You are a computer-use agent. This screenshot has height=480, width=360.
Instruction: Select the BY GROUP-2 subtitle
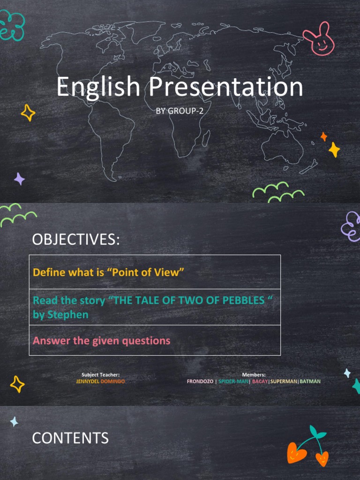coord(180,111)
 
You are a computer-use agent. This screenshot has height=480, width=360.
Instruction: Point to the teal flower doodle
coord(11,26)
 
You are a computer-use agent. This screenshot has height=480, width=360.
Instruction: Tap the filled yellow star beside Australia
coord(334,150)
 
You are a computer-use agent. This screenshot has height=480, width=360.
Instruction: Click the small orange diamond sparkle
coord(323,137)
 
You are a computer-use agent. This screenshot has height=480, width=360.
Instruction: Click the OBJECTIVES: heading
coord(76,240)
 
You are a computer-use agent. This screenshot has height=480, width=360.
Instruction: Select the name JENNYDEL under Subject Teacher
coord(88,382)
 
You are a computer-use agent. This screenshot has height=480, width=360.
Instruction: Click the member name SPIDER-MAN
coord(233,382)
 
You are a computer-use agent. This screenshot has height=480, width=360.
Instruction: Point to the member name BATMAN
coord(310,382)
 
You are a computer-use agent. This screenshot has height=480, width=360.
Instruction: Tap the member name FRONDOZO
coord(200,382)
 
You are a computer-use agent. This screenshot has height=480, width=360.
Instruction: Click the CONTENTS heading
coord(70,438)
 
